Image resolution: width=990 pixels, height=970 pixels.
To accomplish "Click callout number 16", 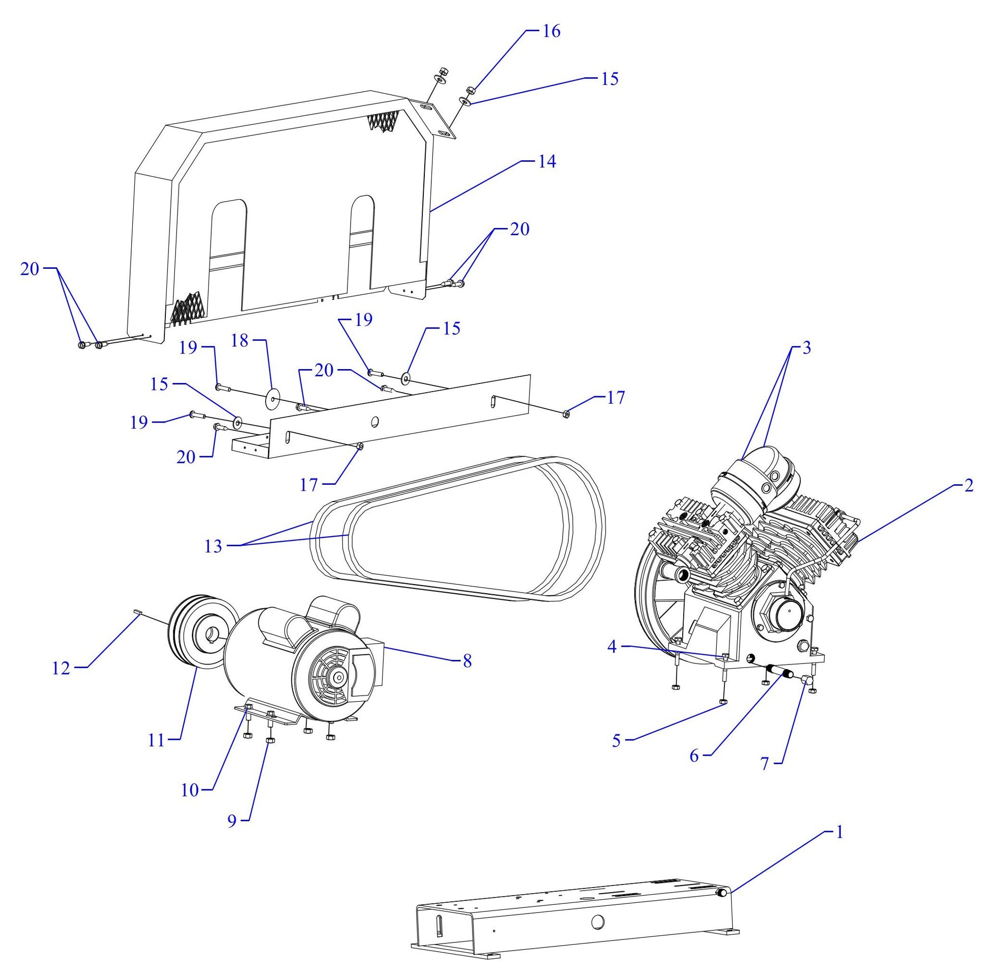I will [551, 31].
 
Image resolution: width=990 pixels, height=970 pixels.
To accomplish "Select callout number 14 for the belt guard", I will [547, 162].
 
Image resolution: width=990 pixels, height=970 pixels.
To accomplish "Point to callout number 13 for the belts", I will [213, 547].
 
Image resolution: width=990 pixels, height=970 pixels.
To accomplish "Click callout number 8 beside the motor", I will [467, 661].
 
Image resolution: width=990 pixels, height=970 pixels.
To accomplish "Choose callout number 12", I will [61, 668].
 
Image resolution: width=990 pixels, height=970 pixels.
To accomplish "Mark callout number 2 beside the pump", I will [969, 486].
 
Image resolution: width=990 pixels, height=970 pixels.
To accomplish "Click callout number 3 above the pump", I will [806, 348].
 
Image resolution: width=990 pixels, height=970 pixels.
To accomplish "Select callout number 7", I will [765, 764].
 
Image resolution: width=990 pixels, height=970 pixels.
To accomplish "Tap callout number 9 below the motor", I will [231, 821].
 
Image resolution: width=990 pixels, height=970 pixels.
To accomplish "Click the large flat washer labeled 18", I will [273, 398].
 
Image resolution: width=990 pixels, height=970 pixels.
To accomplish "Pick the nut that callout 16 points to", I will [470, 91].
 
